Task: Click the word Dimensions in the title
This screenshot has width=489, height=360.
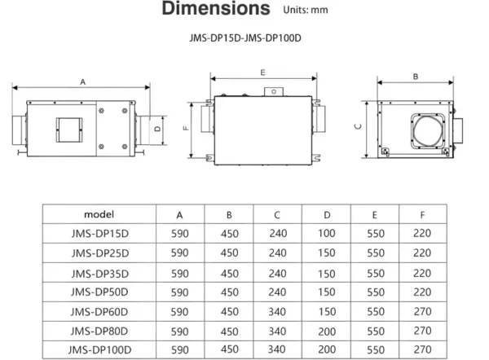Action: [216, 8]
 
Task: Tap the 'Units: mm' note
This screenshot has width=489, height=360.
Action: [306, 10]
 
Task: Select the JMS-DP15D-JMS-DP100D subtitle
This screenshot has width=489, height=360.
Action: [245, 38]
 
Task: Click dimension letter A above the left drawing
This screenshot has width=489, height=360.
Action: [82, 81]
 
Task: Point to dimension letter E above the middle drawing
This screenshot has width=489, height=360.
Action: [262, 72]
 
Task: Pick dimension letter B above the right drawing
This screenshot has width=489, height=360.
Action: [416, 77]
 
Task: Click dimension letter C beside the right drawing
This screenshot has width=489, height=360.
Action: [358, 126]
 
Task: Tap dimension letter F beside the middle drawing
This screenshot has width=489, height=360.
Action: [186, 128]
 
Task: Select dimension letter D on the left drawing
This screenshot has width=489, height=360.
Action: [157, 129]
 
